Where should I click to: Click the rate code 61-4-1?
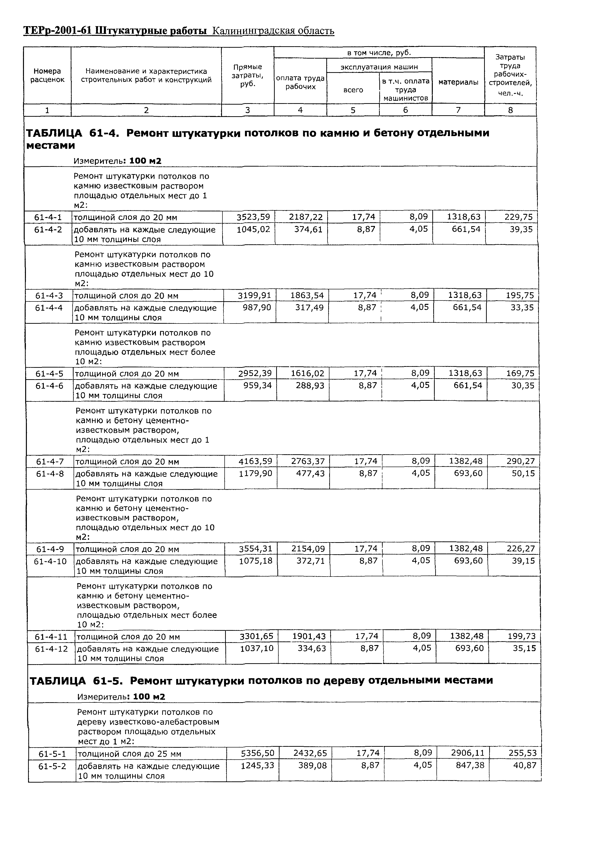click(x=48, y=217)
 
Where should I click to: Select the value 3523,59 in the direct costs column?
click(x=253, y=217)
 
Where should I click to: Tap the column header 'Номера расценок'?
click(x=47, y=75)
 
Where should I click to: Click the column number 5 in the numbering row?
click(x=353, y=110)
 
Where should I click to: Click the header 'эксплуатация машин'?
click(x=379, y=67)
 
